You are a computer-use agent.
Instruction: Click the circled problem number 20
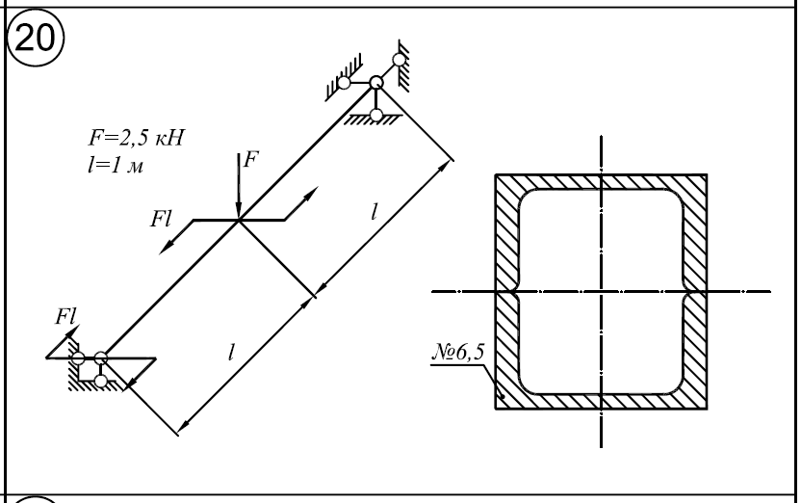[35, 38]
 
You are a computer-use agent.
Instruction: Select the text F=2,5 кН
[136, 138]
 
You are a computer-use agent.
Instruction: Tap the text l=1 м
[116, 165]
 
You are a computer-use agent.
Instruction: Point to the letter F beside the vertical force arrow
[251, 160]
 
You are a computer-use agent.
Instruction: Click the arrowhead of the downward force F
[238, 212]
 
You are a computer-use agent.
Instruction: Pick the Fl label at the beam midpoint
[161, 219]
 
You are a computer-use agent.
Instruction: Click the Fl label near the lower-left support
[66, 316]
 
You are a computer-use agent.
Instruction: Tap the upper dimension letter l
[375, 211]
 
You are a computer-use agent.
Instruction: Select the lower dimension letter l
[231, 352]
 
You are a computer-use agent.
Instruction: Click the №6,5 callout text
[457, 352]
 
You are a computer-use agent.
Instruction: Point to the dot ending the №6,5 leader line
[503, 396]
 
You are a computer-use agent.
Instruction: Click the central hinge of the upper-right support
[376, 82]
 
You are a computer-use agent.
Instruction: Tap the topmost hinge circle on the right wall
[400, 61]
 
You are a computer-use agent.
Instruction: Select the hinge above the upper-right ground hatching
[376, 115]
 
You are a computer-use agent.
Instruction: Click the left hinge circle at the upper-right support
[344, 82]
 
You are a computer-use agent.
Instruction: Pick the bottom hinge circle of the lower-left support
[101, 381]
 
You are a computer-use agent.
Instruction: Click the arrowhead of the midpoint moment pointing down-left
[166, 248]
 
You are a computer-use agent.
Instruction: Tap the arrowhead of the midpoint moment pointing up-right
[311, 193]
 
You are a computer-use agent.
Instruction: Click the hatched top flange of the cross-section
[602, 182]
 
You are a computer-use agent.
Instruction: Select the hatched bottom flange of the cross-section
[602, 402]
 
